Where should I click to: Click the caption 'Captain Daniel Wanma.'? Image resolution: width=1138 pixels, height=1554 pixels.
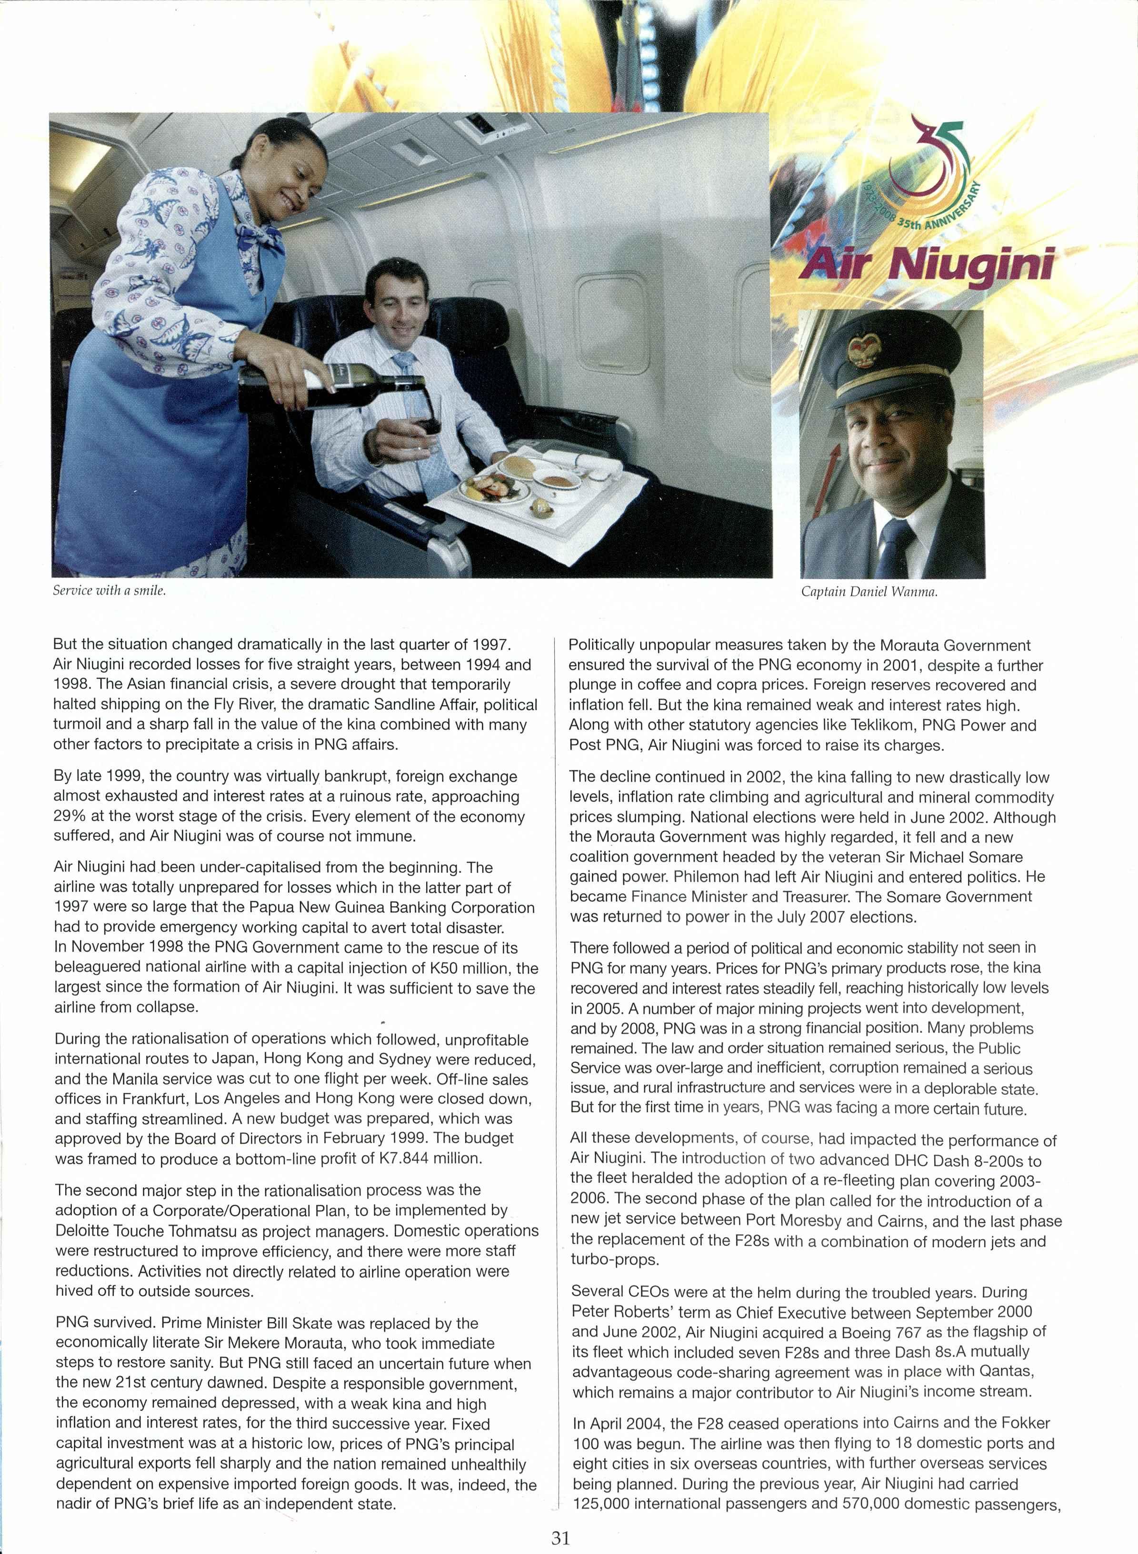869,592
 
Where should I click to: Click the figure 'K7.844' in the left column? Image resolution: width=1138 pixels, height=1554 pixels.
386,1159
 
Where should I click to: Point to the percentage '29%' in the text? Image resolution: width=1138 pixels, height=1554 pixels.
69,816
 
